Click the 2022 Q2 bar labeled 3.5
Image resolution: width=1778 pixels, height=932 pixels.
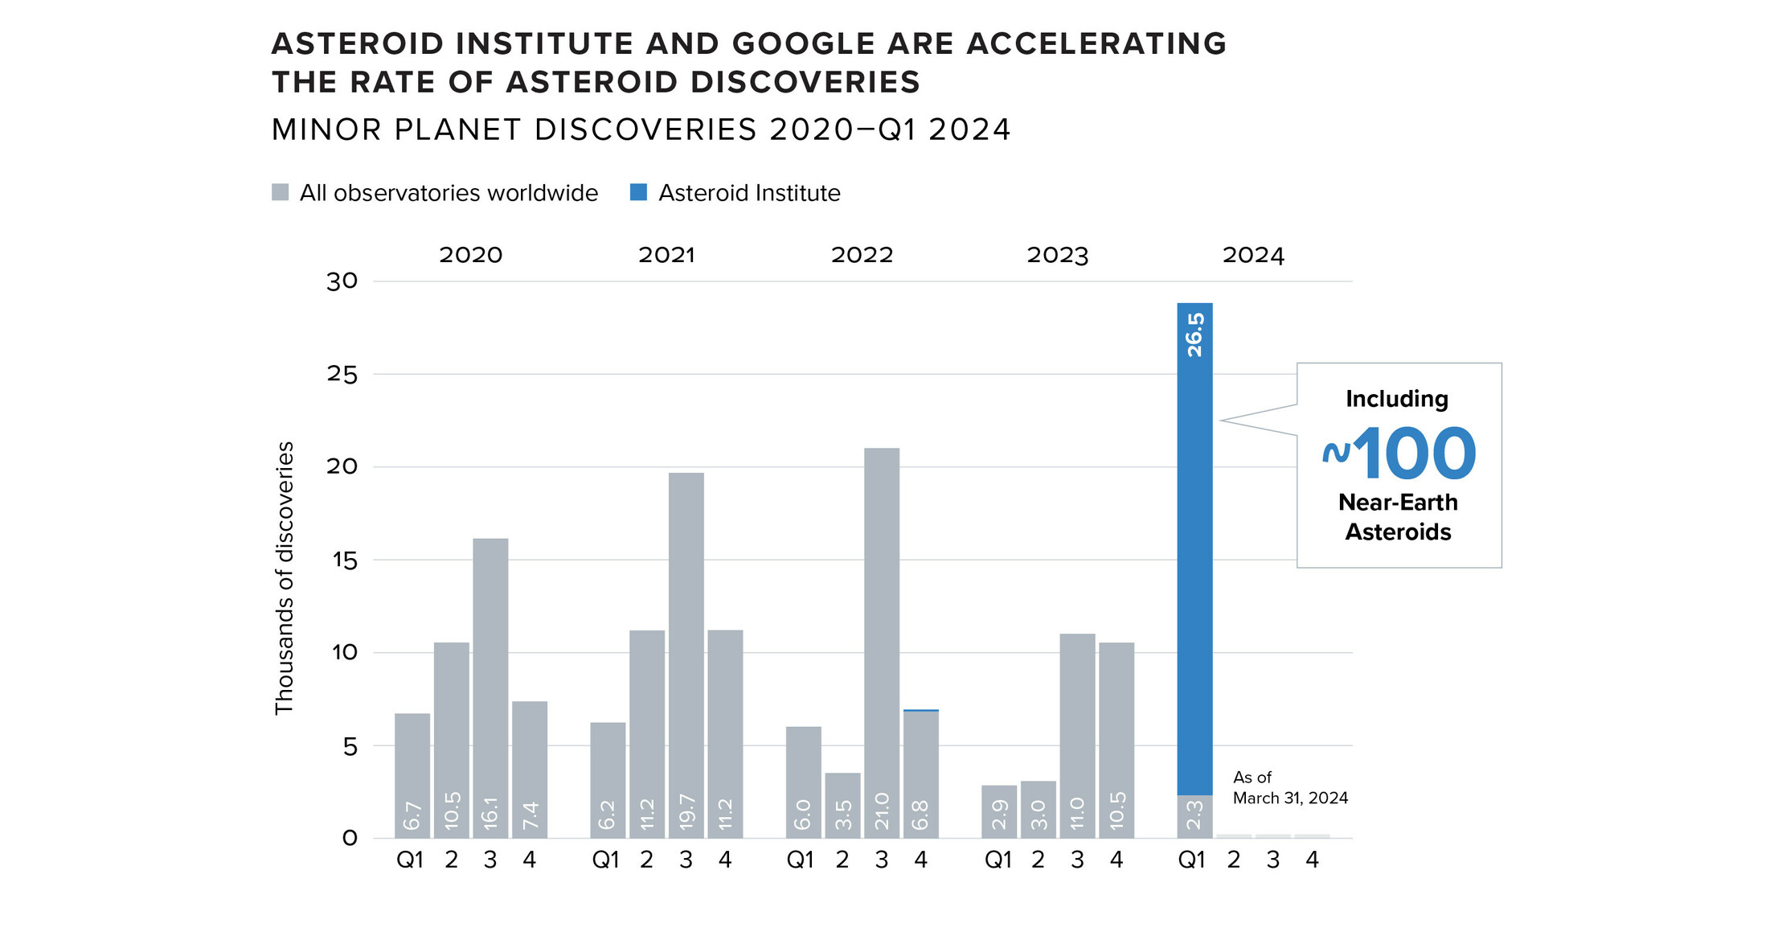pyautogui.click(x=842, y=804)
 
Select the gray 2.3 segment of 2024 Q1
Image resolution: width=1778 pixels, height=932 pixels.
pyautogui.click(x=1194, y=816)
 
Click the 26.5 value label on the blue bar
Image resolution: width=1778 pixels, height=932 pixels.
pyautogui.click(x=1195, y=335)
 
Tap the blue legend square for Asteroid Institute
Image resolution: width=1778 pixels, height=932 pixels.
pyautogui.click(x=638, y=192)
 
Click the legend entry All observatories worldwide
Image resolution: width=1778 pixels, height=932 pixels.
pyautogui.click(x=448, y=193)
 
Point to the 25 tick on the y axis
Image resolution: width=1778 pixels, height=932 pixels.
pyautogui.click(x=342, y=374)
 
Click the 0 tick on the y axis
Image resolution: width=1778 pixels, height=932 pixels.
pyautogui.click(x=350, y=839)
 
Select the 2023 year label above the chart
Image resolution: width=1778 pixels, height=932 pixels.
pyautogui.click(x=1057, y=255)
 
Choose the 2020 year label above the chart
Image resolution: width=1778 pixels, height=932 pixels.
pyautogui.click(x=470, y=255)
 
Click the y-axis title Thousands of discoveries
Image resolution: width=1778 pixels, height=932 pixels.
pyautogui.click(x=285, y=577)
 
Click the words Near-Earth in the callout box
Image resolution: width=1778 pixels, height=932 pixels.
pyautogui.click(x=1398, y=503)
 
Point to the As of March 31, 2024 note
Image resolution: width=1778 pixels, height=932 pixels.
pyautogui.click(x=1289, y=787)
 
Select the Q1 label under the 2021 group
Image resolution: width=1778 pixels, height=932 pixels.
pyautogui.click(x=605, y=860)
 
